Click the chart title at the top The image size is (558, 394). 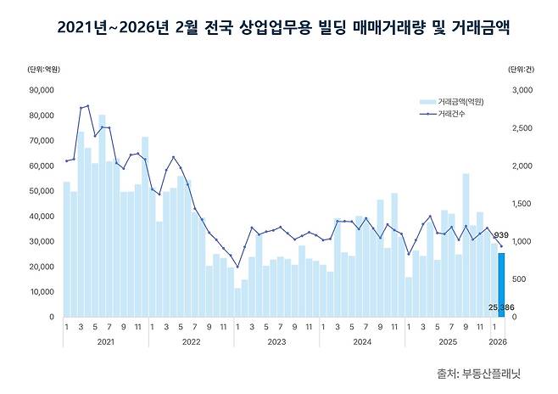pyautogui.click(x=278, y=29)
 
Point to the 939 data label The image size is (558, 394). pyautogui.click(x=501, y=235)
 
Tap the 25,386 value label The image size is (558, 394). pyautogui.click(x=500, y=307)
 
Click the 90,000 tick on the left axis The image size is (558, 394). pyautogui.click(x=41, y=89)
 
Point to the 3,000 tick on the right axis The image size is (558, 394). pyautogui.click(x=522, y=89)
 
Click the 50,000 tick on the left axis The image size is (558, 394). pyautogui.click(x=41, y=190)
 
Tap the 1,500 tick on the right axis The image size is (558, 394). pyautogui.click(x=522, y=203)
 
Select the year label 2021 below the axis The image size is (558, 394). pyautogui.click(x=105, y=341)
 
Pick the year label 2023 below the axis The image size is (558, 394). pyautogui.click(x=276, y=341)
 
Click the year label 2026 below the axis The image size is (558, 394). pyautogui.click(x=498, y=341)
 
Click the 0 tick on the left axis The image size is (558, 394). pyautogui.click(x=52, y=317)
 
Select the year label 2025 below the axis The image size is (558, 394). pyautogui.click(x=446, y=341)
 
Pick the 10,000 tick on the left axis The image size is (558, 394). pyautogui.click(x=41, y=291)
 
